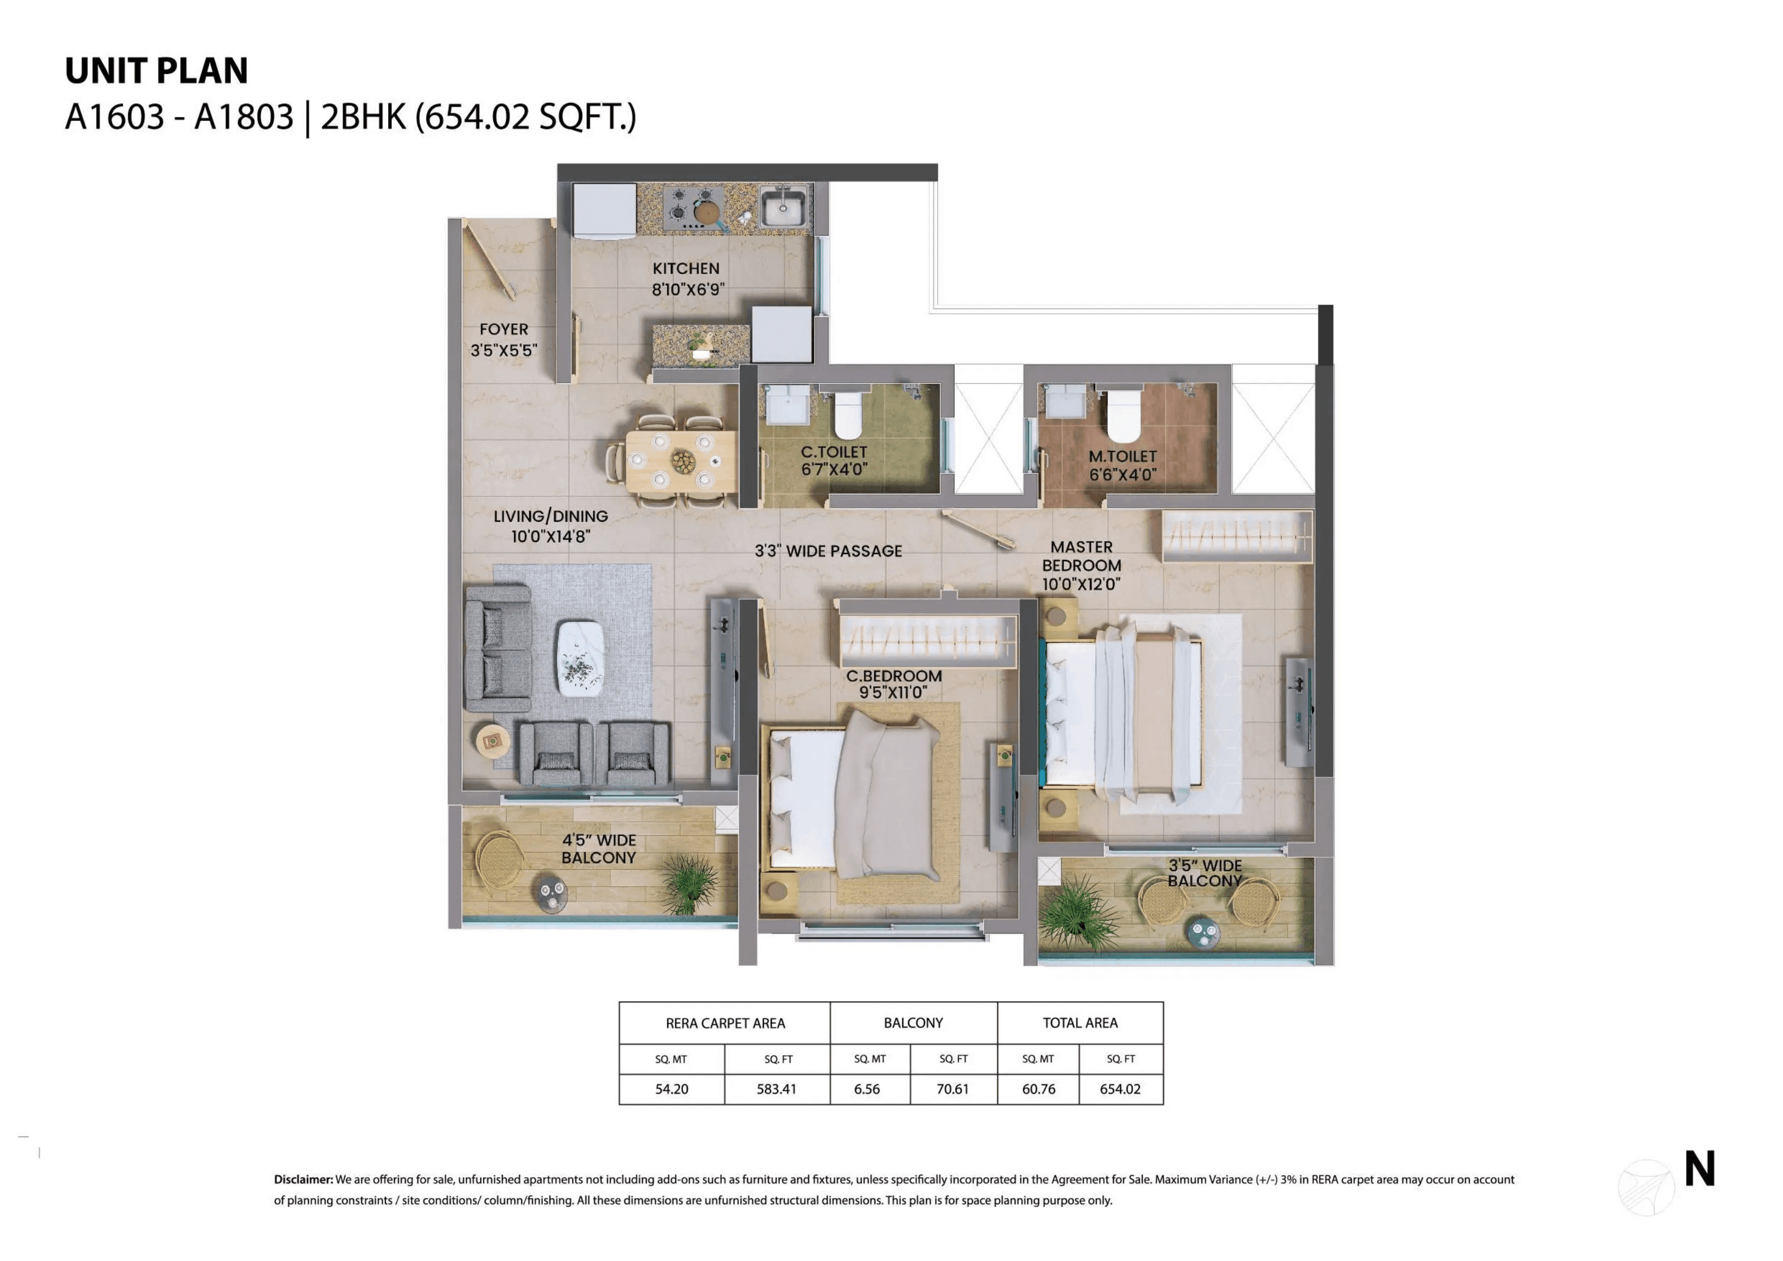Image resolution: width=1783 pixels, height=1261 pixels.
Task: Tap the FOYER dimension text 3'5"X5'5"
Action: [x=503, y=350]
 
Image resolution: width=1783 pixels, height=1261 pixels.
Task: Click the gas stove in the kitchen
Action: [x=693, y=206]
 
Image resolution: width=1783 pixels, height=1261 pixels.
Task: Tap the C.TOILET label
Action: [x=834, y=451]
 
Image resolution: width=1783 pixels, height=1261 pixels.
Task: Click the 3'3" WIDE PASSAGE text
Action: [x=828, y=551]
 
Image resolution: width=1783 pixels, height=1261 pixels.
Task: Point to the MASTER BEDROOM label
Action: [x=1081, y=556]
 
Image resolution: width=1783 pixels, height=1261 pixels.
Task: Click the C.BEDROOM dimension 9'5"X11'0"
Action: [x=893, y=692]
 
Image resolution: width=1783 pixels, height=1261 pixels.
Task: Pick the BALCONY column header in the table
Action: [x=913, y=1023]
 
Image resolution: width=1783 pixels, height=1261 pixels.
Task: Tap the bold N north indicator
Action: [x=1699, y=1169]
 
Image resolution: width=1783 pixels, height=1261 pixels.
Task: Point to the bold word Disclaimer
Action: [x=303, y=1180]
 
